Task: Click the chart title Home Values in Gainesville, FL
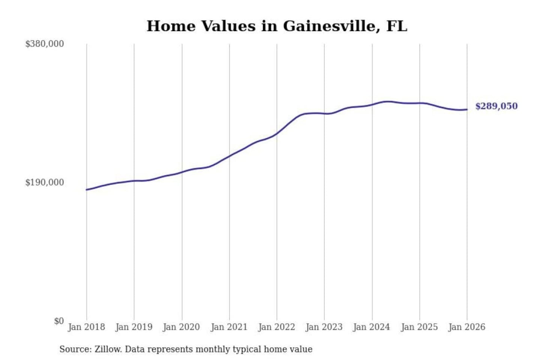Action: pyautogui.click(x=277, y=26)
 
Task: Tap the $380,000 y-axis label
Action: pyautogui.click(x=45, y=44)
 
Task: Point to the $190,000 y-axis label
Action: pyautogui.click(x=45, y=183)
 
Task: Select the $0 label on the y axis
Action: pyautogui.click(x=59, y=321)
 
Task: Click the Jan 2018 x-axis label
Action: pyautogui.click(x=86, y=327)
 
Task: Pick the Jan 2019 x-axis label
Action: pyautogui.click(x=134, y=327)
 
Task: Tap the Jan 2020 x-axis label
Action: pyautogui.click(x=181, y=327)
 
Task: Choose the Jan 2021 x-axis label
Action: pyautogui.click(x=229, y=327)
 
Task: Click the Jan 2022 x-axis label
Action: pyautogui.click(x=277, y=327)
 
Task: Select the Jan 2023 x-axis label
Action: pyautogui.click(x=324, y=327)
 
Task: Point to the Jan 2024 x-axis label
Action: pyautogui.click(x=372, y=327)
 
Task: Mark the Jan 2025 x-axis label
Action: pyautogui.click(x=419, y=327)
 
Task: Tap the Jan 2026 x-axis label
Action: pyautogui.click(x=467, y=327)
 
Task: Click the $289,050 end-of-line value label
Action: pyautogui.click(x=496, y=106)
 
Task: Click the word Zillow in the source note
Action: pyautogui.click(x=108, y=349)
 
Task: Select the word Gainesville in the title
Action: pyautogui.click(x=329, y=26)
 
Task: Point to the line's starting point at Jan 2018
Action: pyautogui.click(x=87, y=190)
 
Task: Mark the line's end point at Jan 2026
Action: pyautogui.click(x=467, y=109)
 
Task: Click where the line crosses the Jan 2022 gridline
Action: pyautogui.click(x=277, y=133)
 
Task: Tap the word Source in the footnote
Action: pyautogui.click(x=75, y=349)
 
